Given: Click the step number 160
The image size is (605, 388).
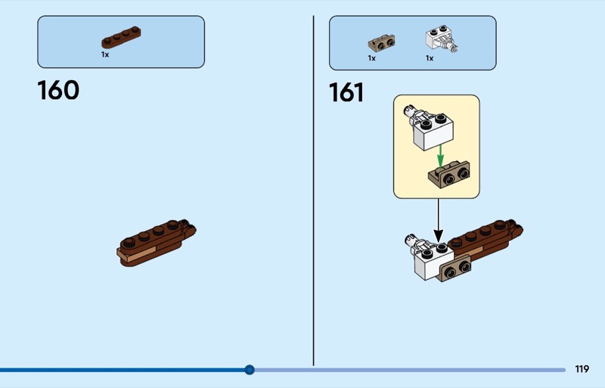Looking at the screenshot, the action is point(58,90).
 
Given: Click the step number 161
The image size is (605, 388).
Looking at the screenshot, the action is point(346,92).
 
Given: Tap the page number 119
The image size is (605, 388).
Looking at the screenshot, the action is point(582,369).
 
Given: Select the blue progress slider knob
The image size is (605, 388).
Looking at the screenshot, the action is point(250,370).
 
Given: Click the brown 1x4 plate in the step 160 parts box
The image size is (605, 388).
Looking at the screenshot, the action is point(121,37).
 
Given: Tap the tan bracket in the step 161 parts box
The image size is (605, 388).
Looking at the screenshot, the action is point(381,43).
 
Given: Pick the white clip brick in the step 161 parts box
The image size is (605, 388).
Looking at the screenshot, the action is point(441,39).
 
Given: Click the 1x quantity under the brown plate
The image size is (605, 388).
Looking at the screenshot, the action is point(105,54).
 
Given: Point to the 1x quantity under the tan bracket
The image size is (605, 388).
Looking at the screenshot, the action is point(371,58).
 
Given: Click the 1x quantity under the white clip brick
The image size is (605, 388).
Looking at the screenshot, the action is point(430,58).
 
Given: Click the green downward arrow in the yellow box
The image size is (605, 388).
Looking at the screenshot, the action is point(440,157).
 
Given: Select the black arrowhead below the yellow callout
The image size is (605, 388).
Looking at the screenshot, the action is point(439,235).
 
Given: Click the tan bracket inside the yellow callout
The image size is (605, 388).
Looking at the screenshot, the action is point(449,175).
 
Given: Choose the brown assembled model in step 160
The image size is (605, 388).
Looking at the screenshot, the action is point(157,244).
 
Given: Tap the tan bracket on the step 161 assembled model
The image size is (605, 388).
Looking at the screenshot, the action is point(455,268).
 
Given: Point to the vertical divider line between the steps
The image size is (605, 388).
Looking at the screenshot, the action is point(313,191).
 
